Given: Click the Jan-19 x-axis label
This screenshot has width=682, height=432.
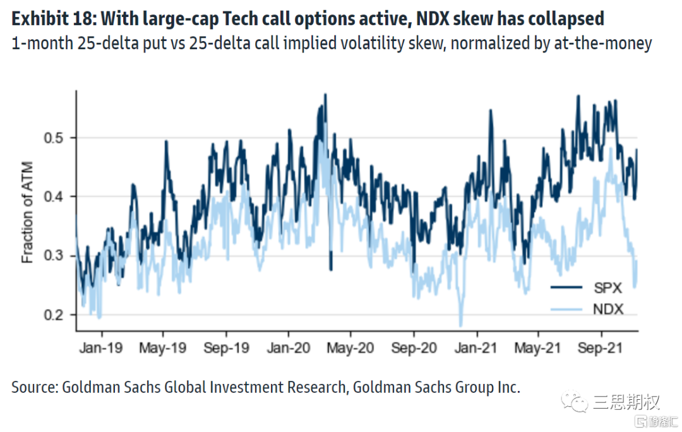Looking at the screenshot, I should point(102,347).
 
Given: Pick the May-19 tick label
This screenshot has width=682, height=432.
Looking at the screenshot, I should point(164,347).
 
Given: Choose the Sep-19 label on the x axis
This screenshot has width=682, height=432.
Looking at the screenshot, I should point(227,347).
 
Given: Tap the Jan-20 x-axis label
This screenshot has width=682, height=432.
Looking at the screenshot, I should point(289,347).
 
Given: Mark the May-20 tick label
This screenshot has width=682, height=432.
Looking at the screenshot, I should point(351,347).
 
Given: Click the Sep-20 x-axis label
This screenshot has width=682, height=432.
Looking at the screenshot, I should point(414,347).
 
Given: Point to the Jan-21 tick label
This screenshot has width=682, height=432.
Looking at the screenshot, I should point(476,347).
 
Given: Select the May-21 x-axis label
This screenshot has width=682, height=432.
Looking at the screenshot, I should point(539,347).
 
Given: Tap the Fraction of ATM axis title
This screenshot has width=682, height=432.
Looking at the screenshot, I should point(28,214).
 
